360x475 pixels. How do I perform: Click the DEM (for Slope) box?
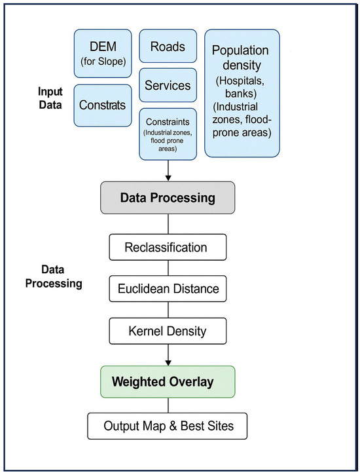pos(103,53)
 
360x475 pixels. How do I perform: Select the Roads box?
pos(168,46)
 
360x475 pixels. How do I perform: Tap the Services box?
pos(168,85)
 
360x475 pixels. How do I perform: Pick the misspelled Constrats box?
pos(103,105)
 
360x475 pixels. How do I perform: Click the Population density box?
pos(242,93)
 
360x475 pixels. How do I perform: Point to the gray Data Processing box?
pos(168,197)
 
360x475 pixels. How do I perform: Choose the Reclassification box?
pos(168,247)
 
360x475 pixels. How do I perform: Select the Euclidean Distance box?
pos(168,289)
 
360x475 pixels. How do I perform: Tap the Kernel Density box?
pos(168,331)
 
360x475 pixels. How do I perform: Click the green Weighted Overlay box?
pos(168,382)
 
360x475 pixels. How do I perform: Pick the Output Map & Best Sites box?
pos(168,426)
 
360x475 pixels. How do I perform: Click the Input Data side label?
pos(50,98)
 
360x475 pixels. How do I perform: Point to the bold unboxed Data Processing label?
pos(54,276)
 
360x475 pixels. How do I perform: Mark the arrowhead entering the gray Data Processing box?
pos(168,178)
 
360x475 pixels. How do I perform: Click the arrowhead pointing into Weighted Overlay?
pos(168,362)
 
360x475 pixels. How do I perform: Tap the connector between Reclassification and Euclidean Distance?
pos(168,268)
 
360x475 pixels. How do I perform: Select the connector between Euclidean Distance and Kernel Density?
pos(168,310)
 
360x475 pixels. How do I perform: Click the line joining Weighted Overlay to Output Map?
pos(168,406)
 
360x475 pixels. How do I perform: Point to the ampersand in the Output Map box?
pos(173,426)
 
